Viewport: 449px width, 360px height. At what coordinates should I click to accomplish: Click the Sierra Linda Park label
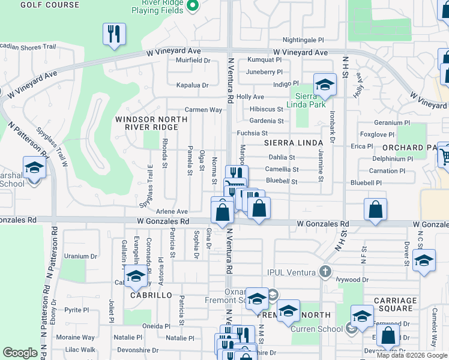310,100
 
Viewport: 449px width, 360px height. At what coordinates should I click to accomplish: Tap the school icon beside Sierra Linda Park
325,85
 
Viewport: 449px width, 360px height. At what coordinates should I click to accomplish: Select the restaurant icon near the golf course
113,34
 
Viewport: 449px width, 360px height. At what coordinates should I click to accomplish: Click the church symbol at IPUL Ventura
325,272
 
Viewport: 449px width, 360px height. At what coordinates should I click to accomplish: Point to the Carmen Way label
203,110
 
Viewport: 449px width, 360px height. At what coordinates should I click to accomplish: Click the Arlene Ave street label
172,212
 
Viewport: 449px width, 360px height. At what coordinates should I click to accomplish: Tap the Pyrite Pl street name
76,310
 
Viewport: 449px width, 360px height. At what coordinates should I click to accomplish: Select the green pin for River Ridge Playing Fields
192,6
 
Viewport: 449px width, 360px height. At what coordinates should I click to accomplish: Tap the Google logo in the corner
20,353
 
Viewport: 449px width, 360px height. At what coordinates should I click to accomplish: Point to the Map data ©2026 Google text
411,355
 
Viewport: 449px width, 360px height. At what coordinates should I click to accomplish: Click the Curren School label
316,328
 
